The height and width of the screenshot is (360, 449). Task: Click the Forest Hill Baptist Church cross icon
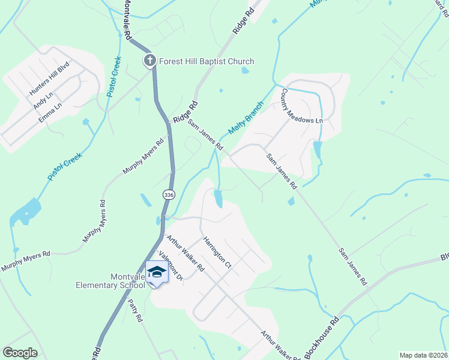point(149,60)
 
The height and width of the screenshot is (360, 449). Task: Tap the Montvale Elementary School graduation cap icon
point(157,272)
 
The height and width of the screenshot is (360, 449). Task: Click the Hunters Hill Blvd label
point(50,81)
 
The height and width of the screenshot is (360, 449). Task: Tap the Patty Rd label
point(135,311)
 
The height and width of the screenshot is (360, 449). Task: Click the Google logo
point(20,353)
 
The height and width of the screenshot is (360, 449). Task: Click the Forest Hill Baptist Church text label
point(206,61)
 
